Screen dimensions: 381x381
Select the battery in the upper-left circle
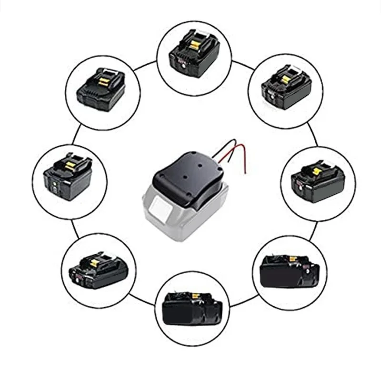[x=102, y=90]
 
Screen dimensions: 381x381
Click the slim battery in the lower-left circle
[x=98, y=269]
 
